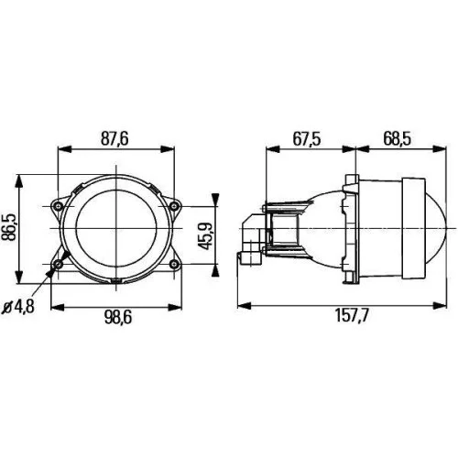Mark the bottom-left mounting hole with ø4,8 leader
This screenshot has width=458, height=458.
pos(60,264)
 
